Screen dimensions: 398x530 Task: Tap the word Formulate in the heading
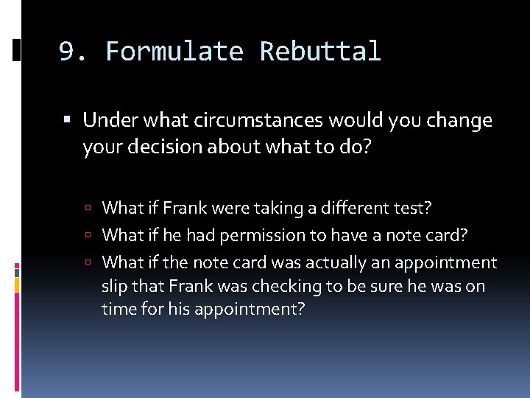coord(174,52)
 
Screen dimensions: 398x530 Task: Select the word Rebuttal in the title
coord(320,52)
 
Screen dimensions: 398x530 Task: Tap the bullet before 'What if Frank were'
coord(88,209)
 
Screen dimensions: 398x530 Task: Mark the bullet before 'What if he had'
coord(88,236)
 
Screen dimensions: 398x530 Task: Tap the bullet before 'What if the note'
coord(88,263)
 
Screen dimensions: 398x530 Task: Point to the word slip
coord(115,285)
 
